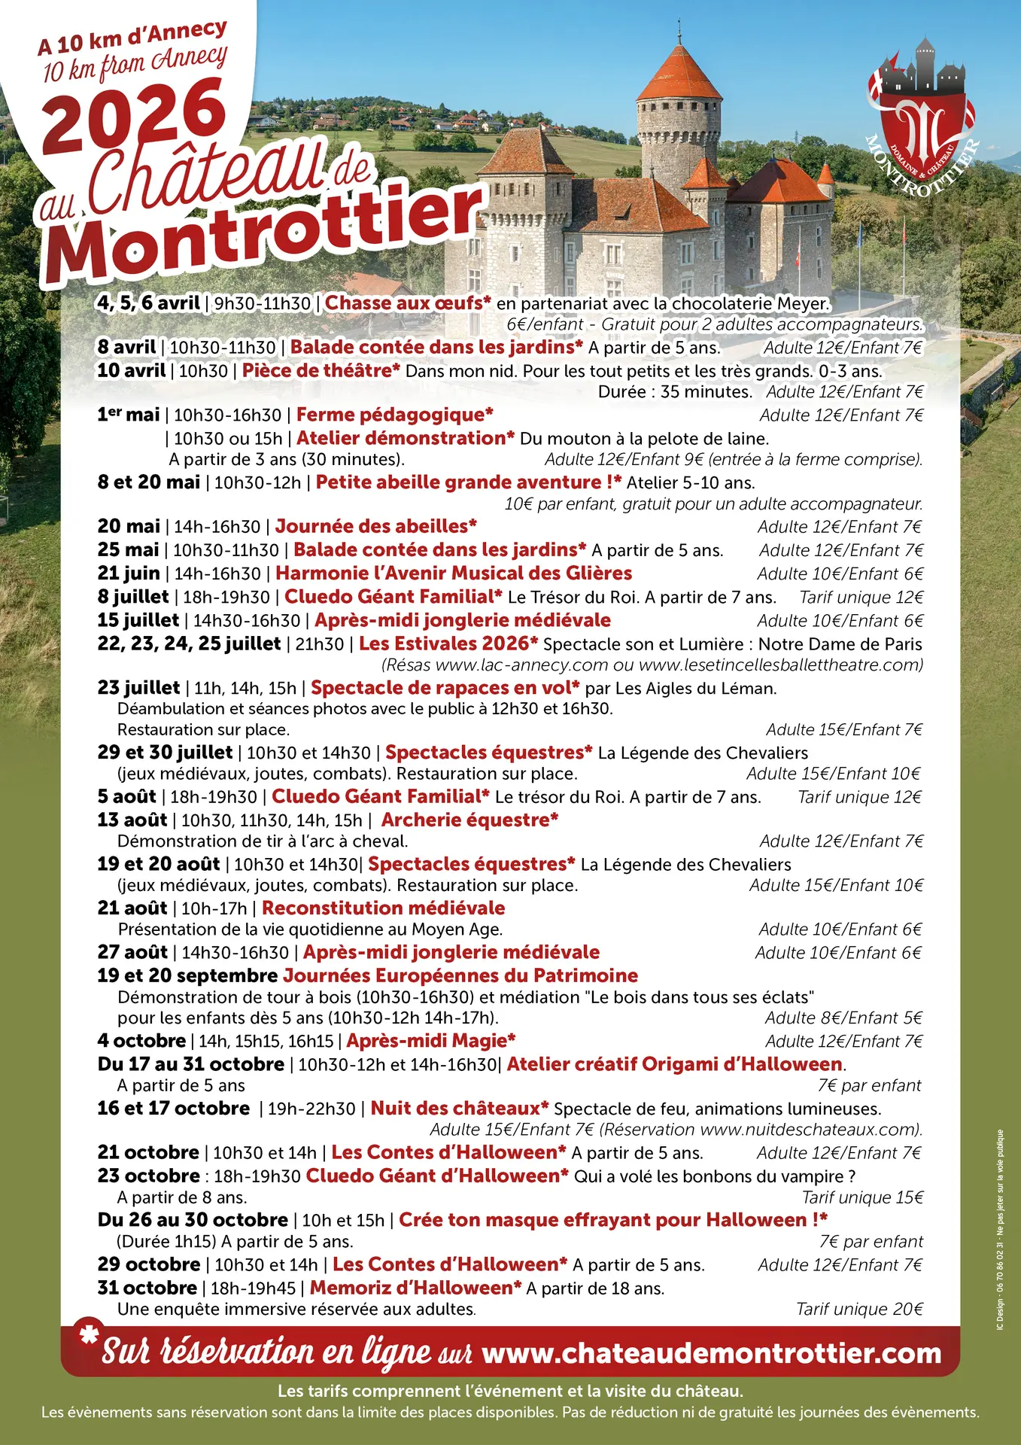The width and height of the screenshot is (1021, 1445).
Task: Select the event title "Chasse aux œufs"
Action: pos(407,303)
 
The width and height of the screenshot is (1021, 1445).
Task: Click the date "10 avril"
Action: pos(132,370)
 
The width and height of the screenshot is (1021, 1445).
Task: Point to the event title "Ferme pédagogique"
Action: pos(394,415)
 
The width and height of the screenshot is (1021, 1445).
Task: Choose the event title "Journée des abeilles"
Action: pos(375,526)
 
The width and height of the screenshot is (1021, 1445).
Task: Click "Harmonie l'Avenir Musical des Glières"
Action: pos(454,573)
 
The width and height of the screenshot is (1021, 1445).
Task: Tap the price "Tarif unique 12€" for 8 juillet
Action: pos(861,598)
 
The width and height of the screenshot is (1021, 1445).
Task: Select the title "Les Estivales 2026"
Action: pos(448,643)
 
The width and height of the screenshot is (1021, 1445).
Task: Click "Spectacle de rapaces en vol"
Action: pos(445,688)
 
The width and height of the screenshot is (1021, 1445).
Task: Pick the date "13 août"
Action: pos(132,820)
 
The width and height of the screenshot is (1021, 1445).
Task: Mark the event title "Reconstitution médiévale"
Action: pos(383,908)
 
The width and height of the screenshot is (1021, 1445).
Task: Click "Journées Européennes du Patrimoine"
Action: pos(460,976)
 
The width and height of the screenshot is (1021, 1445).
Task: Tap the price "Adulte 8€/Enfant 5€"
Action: pos(843,1018)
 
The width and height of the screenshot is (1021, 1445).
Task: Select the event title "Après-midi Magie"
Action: pos(430,1041)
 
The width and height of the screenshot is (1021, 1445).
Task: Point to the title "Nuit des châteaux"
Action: pos(459,1109)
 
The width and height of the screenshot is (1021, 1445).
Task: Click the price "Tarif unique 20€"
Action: pos(859,1310)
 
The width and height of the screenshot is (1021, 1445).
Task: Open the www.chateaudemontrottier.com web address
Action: pos(711,1353)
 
